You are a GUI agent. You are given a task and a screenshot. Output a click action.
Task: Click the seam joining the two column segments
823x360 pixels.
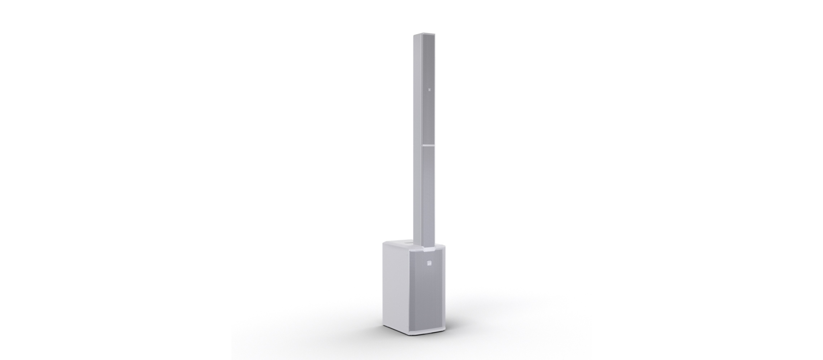[x=428, y=145]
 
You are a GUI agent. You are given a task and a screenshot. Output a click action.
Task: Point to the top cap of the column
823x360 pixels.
[x=424, y=34]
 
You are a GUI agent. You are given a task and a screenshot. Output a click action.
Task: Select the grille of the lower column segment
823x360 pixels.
[x=429, y=193]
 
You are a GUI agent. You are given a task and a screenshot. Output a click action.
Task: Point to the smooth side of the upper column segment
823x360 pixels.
[x=418, y=92]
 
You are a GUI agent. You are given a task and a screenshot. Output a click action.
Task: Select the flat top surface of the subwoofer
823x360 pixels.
[x=396, y=246]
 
